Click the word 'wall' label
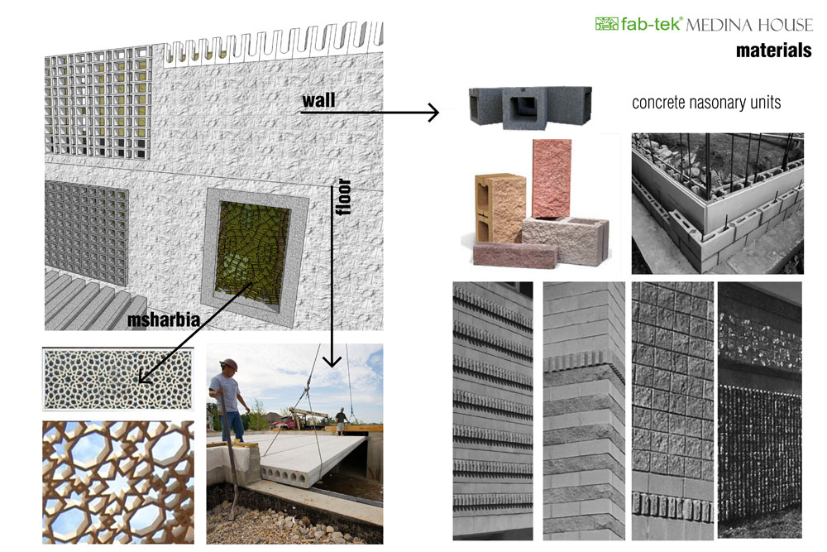pos(318,101)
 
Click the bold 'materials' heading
pos(773,50)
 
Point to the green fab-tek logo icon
pos(606,24)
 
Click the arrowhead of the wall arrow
pos(433,112)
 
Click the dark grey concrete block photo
pos(529,104)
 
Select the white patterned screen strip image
pos(117,378)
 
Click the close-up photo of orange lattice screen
pos(117,481)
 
